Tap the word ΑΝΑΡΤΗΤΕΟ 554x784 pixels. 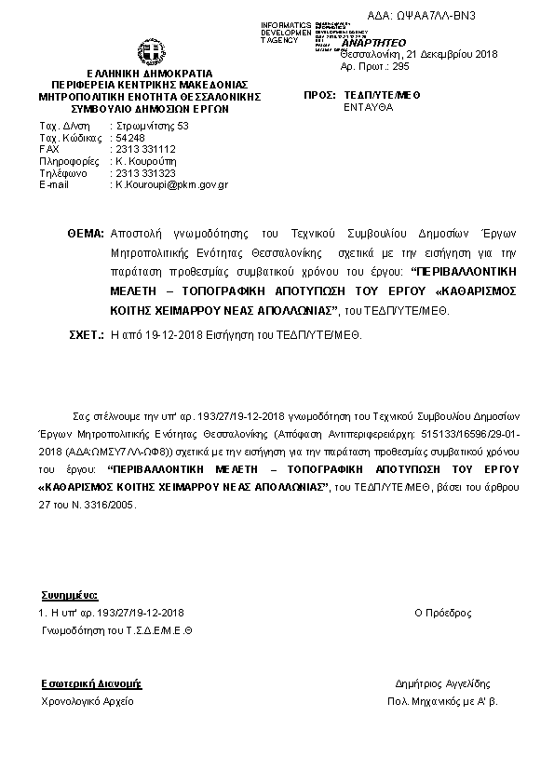(x=374, y=43)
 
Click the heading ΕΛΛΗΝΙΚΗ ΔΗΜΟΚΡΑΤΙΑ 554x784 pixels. (x=149, y=73)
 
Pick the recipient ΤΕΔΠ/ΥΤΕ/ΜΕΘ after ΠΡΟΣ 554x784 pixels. (x=380, y=95)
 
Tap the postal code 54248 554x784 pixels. (x=127, y=137)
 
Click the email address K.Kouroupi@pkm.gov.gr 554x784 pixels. (x=171, y=185)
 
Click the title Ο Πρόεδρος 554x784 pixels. (x=442, y=613)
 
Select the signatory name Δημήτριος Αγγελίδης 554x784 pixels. (x=442, y=683)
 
